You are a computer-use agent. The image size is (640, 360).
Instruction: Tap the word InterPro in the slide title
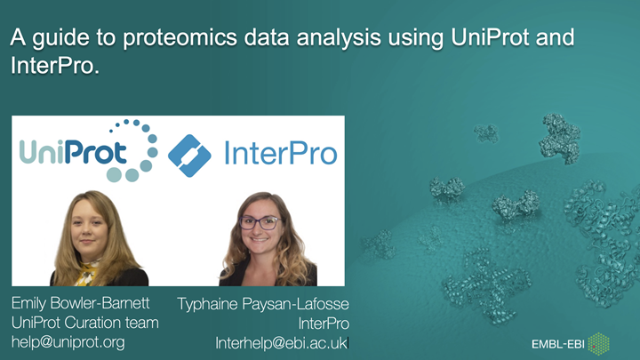(x=52, y=66)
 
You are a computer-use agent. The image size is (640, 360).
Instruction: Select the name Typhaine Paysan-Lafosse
(x=263, y=303)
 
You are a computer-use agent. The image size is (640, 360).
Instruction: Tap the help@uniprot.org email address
(x=68, y=341)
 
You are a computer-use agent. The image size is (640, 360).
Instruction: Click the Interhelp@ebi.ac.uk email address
(x=282, y=342)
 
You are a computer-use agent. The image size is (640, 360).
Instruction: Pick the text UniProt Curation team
(x=84, y=322)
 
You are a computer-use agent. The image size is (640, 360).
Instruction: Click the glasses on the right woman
(x=259, y=222)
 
